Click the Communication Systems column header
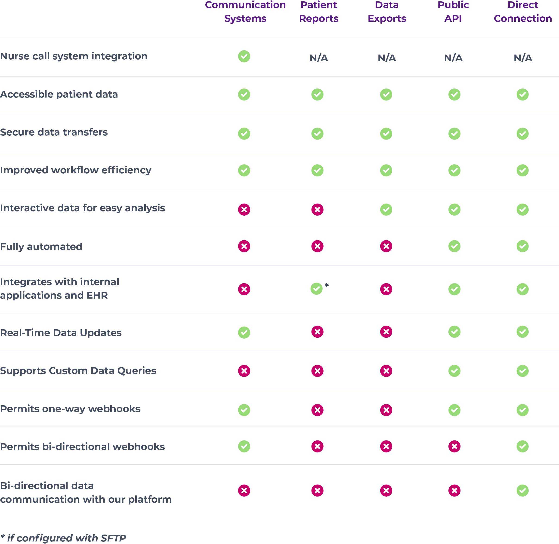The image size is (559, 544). pyautogui.click(x=245, y=12)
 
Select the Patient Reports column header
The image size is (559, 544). pyautogui.click(x=318, y=12)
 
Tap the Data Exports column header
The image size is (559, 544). pyautogui.click(x=387, y=12)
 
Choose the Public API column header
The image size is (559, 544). pyautogui.click(x=453, y=12)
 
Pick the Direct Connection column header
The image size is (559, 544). pyautogui.click(x=522, y=12)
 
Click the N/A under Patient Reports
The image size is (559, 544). pyautogui.click(x=318, y=58)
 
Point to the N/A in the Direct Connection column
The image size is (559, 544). pyautogui.click(x=523, y=58)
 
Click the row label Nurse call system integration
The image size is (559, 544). pyautogui.click(x=74, y=56)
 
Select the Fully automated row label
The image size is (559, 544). pyautogui.click(x=41, y=247)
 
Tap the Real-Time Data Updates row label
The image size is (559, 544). pyautogui.click(x=61, y=333)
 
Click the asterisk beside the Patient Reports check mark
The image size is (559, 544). pyautogui.click(x=327, y=285)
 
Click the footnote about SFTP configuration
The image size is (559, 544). pyautogui.click(x=63, y=538)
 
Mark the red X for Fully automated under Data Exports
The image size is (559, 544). pyautogui.click(x=386, y=246)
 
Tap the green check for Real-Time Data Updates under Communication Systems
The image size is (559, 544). pyautogui.click(x=244, y=333)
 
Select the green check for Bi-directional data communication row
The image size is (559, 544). pyautogui.click(x=522, y=491)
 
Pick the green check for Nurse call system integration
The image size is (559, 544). pyautogui.click(x=244, y=56)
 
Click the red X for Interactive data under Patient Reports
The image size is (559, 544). pyautogui.click(x=317, y=210)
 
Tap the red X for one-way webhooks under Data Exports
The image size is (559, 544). pyautogui.click(x=386, y=410)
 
